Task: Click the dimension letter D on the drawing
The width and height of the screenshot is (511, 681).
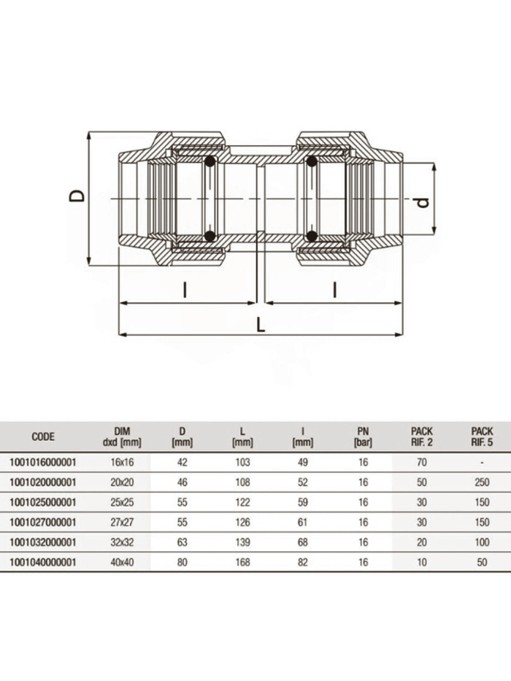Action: [x=77, y=196]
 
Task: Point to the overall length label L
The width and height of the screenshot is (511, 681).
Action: [x=261, y=325]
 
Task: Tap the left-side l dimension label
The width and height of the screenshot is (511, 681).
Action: [x=185, y=290]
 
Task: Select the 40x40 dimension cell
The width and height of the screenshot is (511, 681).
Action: [x=122, y=562]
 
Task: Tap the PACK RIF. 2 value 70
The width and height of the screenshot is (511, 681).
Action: [x=422, y=462]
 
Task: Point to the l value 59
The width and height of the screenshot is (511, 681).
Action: [x=302, y=502]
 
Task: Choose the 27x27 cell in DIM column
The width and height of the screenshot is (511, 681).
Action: [x=122, y=523]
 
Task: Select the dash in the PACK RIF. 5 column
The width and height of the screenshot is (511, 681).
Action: [x=482, y=462]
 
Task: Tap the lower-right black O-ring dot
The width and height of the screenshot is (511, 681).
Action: [x=312, y=236]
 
